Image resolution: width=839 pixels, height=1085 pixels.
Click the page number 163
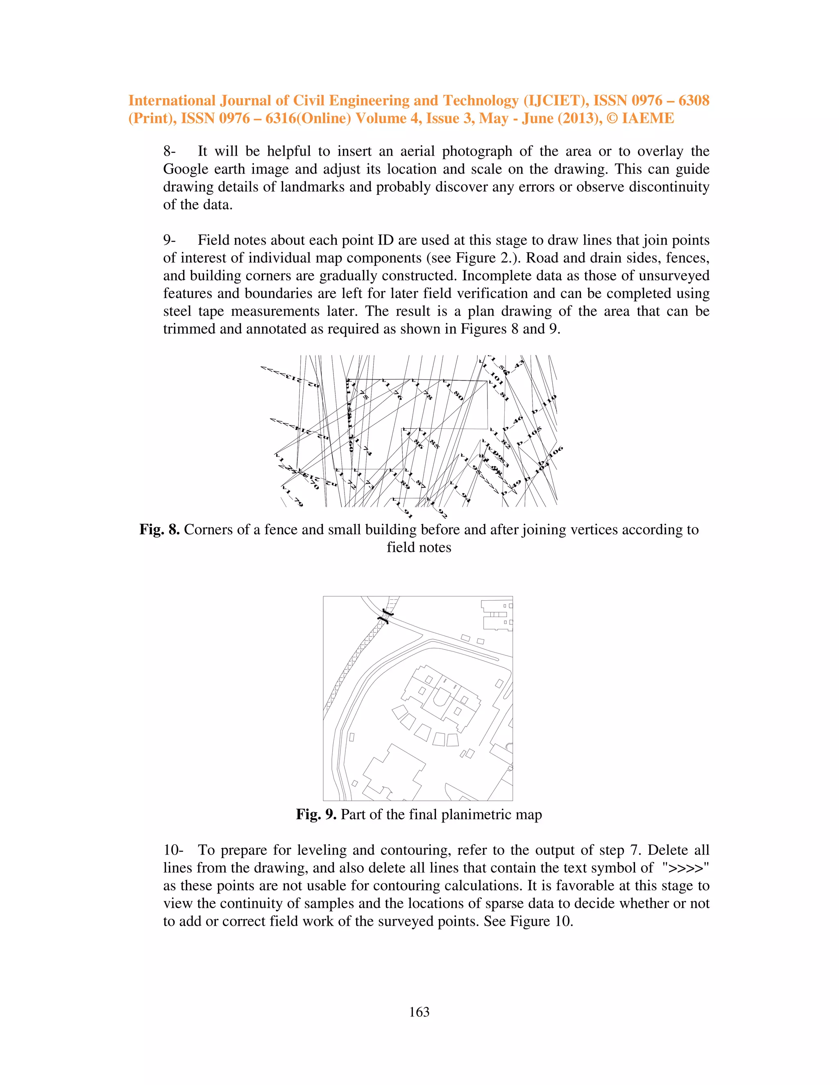419,1012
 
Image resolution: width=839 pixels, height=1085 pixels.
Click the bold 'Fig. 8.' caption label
159,529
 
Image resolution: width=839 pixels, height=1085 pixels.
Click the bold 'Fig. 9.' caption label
316,814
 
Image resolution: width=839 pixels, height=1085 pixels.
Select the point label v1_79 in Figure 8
292,497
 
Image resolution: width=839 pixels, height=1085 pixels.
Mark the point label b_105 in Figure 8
529,436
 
